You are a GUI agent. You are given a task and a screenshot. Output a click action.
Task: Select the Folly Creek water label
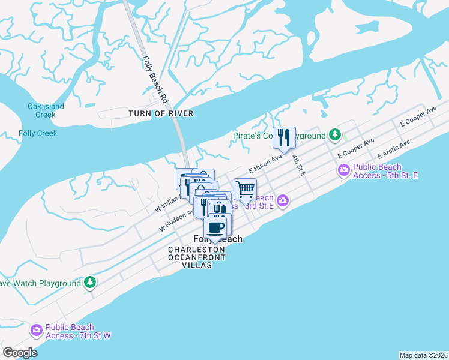(x=38, y=133)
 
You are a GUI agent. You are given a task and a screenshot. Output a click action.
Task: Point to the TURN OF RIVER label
(x=161, y=113)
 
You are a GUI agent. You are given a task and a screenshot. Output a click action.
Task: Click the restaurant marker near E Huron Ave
(x=284, y=137)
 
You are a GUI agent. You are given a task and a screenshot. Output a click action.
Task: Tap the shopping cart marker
(x=245, y=189)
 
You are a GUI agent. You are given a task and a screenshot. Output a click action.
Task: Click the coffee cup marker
(x=215, y=227)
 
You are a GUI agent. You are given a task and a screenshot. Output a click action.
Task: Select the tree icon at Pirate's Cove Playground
(x=336, y=134)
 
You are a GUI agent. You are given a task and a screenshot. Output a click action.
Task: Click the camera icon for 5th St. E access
(x=344, y=171)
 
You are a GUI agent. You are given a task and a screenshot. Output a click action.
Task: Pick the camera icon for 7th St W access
(x=37, y=331)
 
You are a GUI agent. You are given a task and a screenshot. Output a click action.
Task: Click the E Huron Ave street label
(x=265, y=164)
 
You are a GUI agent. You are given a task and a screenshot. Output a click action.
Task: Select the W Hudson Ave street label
(x=176, y=220)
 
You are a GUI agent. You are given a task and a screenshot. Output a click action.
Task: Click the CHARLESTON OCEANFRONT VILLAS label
(x=197, y=257)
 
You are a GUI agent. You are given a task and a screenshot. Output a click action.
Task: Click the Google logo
(x=19, y=353)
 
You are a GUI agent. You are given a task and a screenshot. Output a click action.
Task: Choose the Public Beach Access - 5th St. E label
(x=385, y=171)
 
